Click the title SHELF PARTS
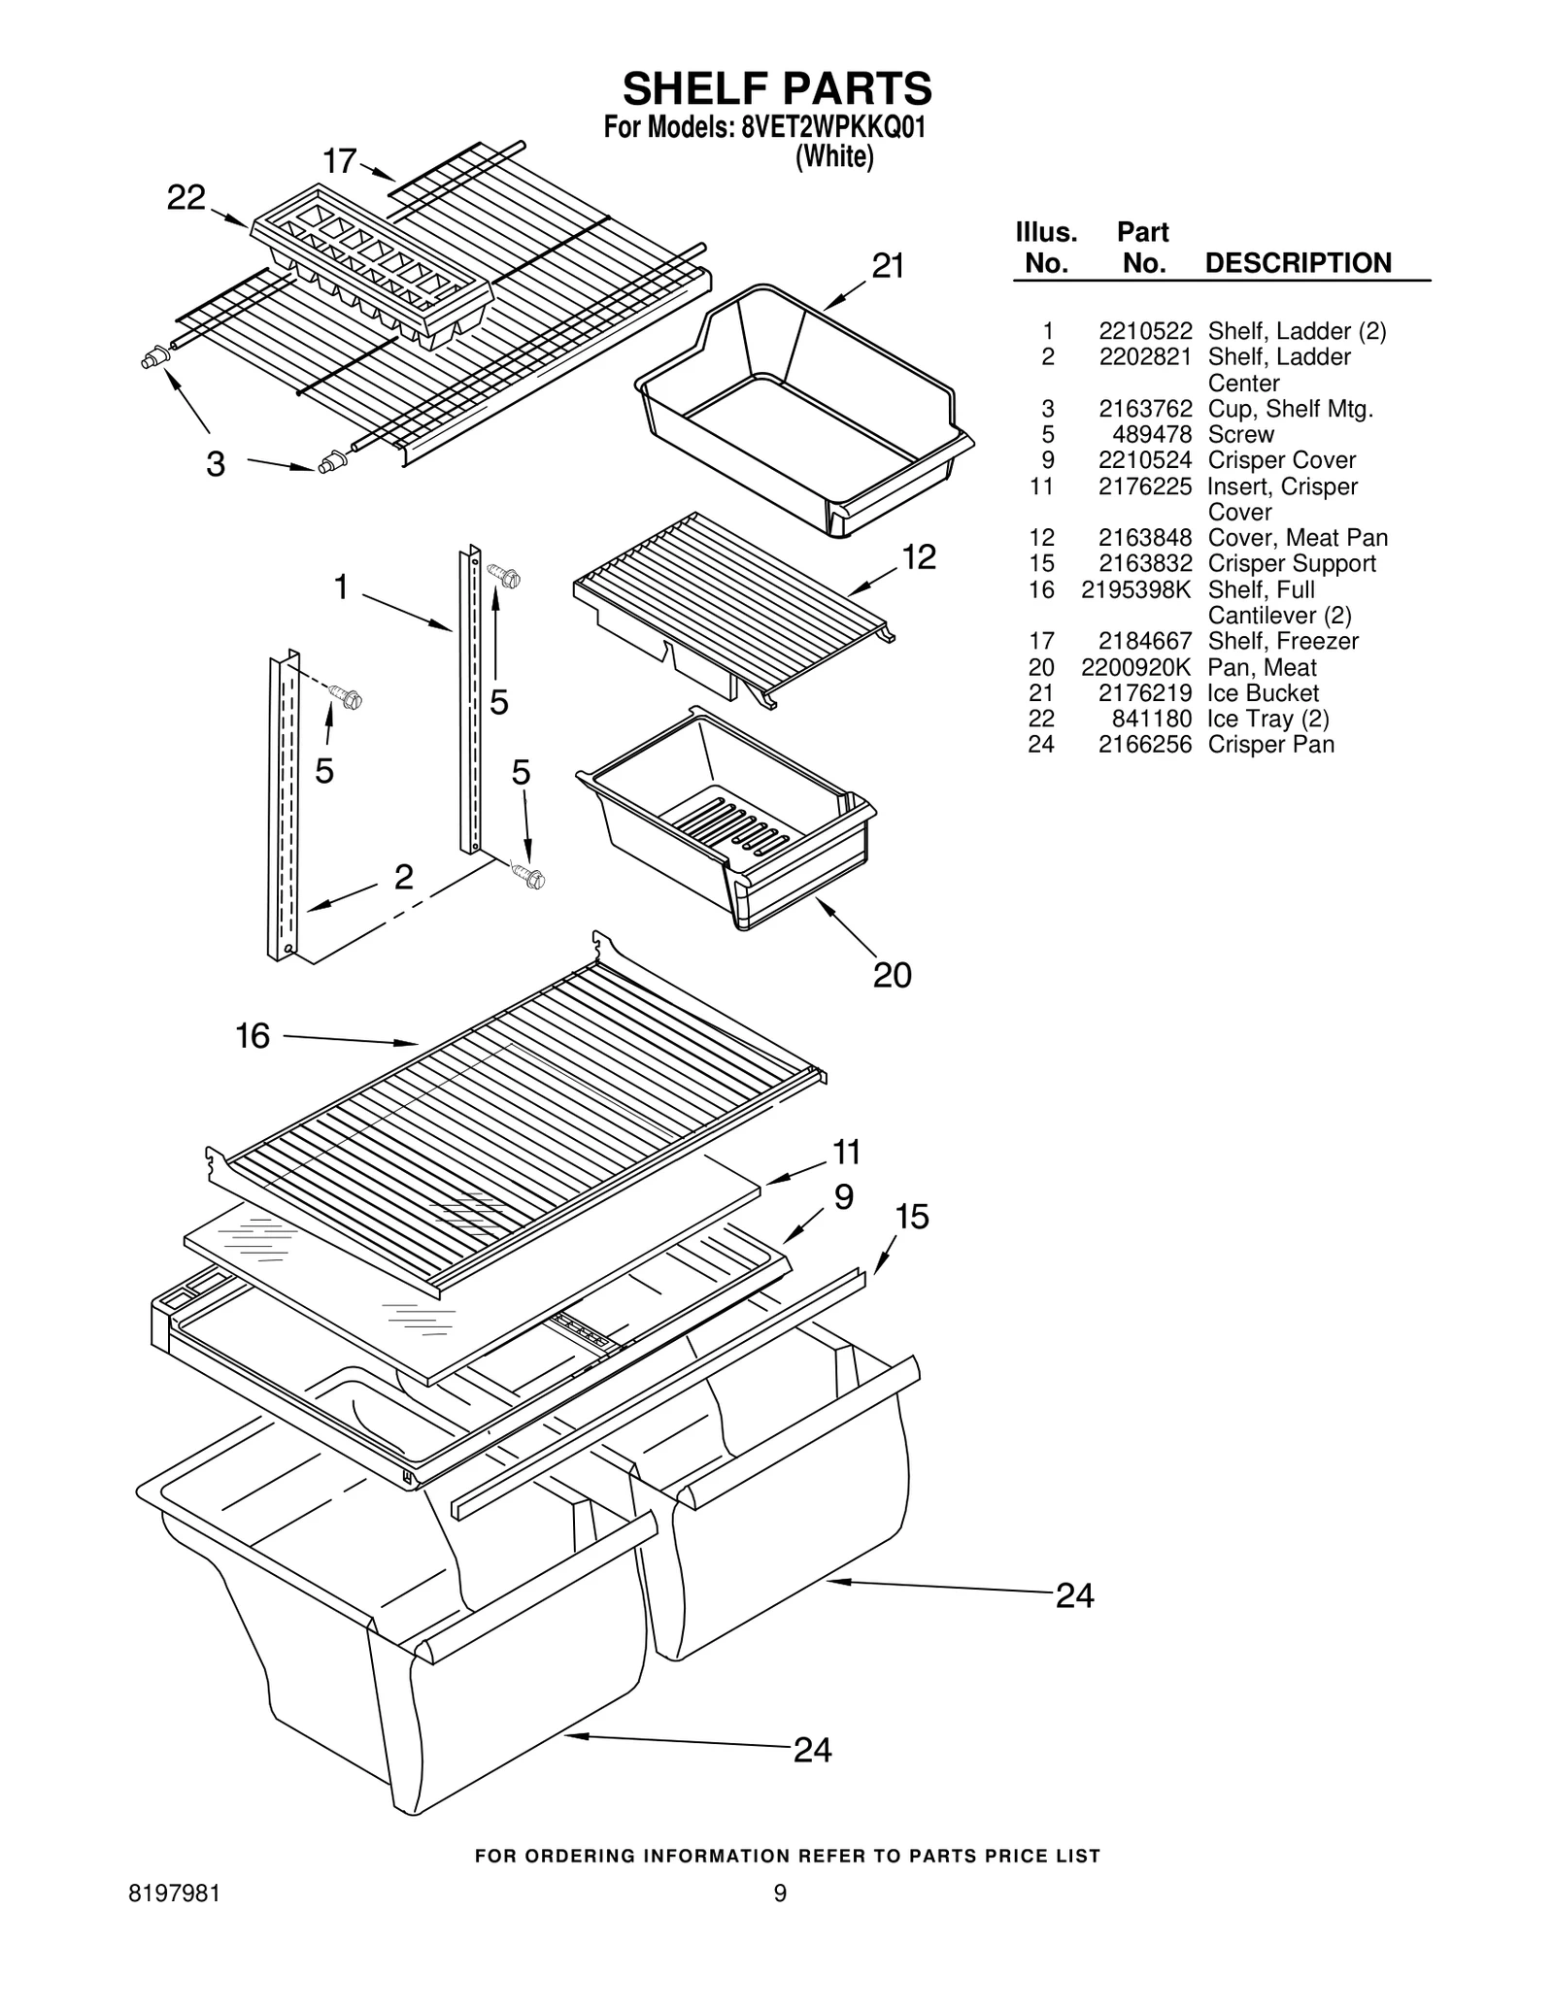click(777, 88)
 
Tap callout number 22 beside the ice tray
click(186, 198)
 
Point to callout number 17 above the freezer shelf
click(339, 161)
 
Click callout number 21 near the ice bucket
click(888, 265)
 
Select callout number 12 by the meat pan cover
click(918, 556)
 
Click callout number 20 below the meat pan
click(892, 974)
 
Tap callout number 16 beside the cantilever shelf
click(253, 1036)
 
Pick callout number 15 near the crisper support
click(911, 1216)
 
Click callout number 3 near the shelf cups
click(216, 464)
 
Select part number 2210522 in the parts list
click(1145, 331)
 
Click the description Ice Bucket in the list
click(1263, 693)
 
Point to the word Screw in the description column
click(1240, 434)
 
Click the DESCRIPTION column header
click(1298, 263)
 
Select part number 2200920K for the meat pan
click(1135, 667)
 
